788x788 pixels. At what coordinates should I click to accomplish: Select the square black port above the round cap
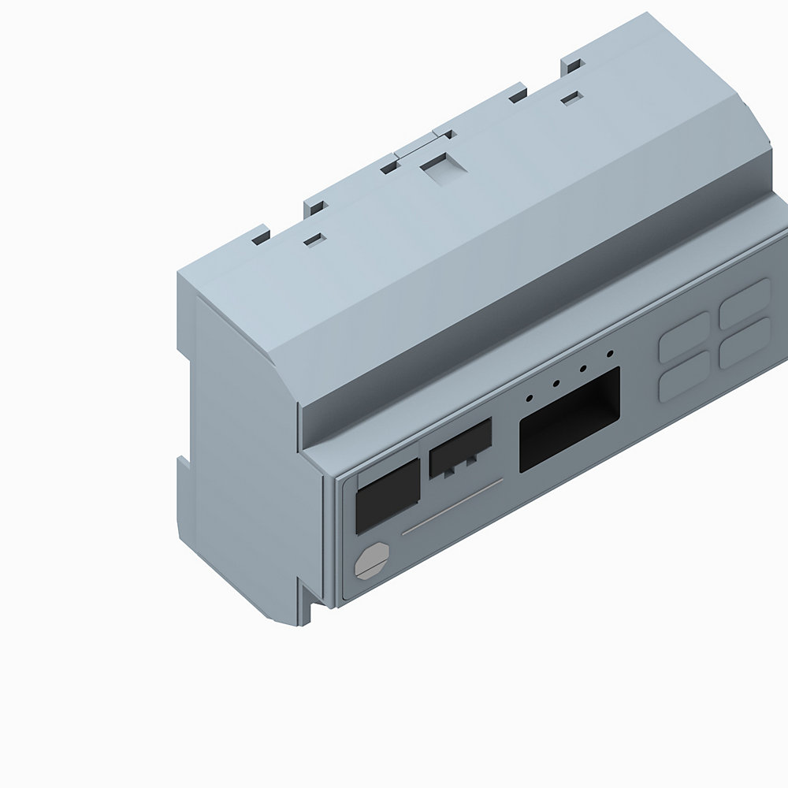pyautogui.click(x=387, y=496)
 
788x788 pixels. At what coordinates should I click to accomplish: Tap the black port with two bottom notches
pyautogui.click(x=460, y=448)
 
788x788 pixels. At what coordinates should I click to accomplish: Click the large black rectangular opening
pyautogui.click(x=569, y=419)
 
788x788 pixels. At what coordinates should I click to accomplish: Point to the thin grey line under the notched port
pyautogui.click(x=452, y=508)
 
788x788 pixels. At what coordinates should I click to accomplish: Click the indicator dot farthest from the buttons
pyautogui.click(x=530, y=397)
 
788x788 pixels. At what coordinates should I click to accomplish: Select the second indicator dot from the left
pyautogui.click(x=556, y=385)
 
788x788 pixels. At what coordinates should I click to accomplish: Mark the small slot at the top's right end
pyautogui.click(x=571, y=98)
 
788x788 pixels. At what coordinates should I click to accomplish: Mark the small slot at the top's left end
pyautogui.click(x=314, y=237)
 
